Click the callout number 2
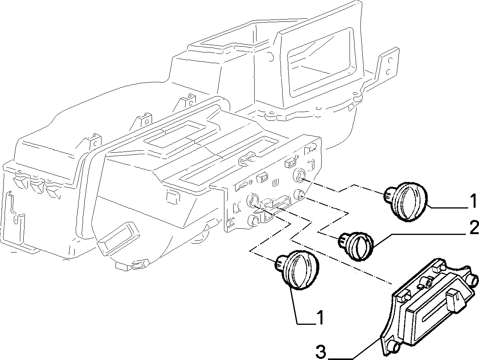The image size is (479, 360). [x=472, y=228]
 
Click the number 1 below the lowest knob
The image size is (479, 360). [x=320, y=318]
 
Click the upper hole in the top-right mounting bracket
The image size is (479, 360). [x=390, y=60]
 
